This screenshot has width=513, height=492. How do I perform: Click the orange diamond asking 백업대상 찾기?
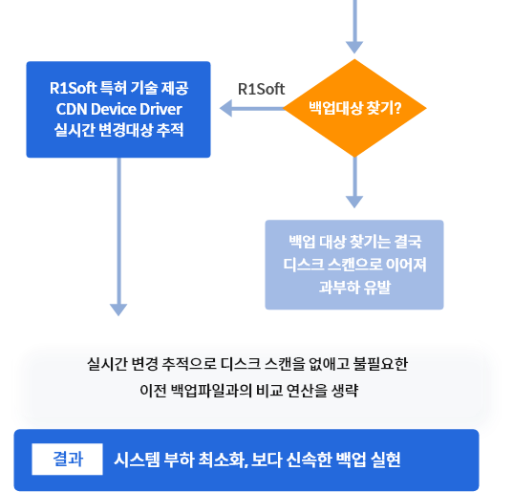354,108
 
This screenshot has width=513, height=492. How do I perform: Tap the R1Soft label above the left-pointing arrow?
261,89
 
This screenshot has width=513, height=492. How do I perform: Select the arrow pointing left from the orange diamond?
252,108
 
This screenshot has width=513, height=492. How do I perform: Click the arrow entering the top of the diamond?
354,26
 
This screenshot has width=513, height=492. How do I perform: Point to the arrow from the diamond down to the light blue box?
354,182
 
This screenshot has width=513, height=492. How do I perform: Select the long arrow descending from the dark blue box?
118,237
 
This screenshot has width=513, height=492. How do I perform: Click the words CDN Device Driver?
118,109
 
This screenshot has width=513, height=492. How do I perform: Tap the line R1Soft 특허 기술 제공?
118,88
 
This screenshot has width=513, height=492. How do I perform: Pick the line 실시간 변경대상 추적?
118,130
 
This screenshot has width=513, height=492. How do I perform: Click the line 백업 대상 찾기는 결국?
355,242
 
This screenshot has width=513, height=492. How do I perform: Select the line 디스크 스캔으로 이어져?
355,265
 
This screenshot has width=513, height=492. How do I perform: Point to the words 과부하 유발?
355,287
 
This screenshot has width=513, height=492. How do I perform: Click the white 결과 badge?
68,459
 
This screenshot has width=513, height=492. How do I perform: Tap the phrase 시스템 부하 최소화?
180,460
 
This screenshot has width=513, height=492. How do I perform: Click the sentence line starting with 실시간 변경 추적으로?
247,364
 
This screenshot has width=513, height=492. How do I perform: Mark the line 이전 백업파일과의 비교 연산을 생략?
249,390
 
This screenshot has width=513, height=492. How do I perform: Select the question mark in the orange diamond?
397,108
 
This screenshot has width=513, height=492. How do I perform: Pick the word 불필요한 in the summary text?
380,364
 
